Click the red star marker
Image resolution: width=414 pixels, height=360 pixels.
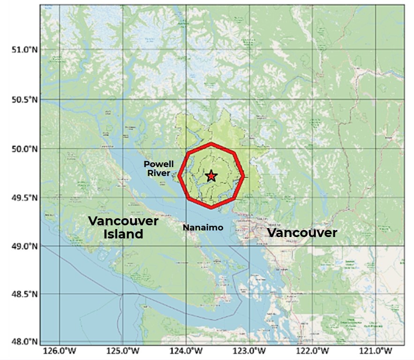(x=211, y=176)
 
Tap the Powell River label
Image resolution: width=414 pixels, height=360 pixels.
(x=158, y=169)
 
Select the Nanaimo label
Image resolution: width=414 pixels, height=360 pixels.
(x=203, y=228)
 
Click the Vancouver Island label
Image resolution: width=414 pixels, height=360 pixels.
(x=123, y=227)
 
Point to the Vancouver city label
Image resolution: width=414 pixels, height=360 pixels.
(x=302, y=233)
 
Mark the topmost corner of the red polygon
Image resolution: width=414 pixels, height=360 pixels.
(x=211, y=144)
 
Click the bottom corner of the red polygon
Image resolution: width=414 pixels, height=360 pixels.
(x=211, y=207)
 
